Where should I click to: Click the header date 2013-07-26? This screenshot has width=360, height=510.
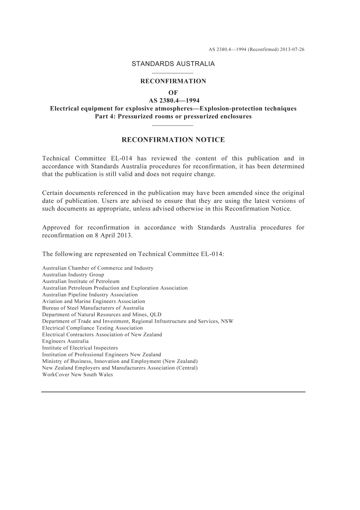click(292, 49)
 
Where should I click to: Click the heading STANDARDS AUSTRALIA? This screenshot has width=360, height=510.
click(173, 64)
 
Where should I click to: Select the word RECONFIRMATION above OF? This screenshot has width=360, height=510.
click(173, 81)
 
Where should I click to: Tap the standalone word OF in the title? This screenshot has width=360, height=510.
click(173, 93)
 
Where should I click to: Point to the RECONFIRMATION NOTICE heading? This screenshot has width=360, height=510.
click(173, 140)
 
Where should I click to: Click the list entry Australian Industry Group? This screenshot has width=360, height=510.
click(73, 275)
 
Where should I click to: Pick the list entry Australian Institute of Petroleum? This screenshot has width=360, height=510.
click(81, 281)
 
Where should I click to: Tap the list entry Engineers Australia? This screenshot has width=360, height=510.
click(65, 341)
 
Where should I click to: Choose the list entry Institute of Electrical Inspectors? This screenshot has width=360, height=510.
click(80, 348)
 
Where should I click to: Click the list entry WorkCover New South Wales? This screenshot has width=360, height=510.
click(77, 375)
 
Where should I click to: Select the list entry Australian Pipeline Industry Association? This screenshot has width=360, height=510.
click(90, 295)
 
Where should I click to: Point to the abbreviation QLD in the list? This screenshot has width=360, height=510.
click(155, 314)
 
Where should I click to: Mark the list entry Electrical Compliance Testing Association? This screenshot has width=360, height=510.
click(92, 328)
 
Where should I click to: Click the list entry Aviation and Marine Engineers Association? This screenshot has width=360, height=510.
click(94, 301)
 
